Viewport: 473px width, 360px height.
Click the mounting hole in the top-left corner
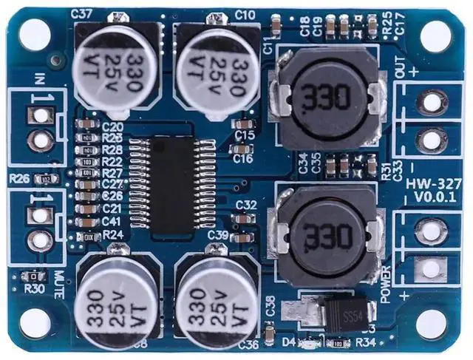click(34, 33)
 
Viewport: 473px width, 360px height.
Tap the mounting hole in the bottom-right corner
click(435, 325)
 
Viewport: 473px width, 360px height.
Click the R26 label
click(19, 178)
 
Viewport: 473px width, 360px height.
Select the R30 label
click(33, 288)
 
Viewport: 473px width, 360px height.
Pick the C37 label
click(81, 13)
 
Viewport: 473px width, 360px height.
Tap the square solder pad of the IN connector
click(38, 115)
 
